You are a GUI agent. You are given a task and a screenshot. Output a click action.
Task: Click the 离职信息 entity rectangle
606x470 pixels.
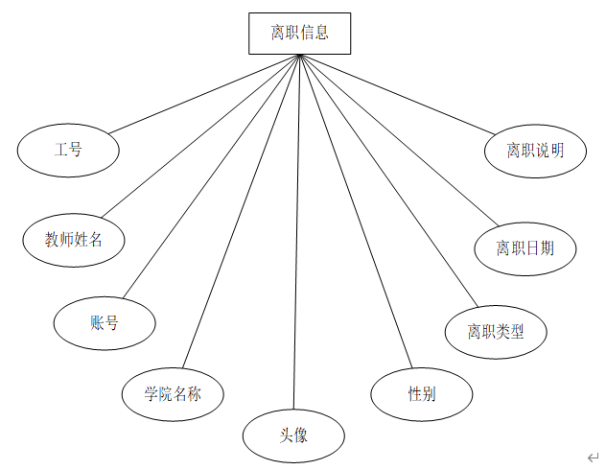point(298,33)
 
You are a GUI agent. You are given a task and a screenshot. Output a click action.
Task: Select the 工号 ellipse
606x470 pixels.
point(68,151)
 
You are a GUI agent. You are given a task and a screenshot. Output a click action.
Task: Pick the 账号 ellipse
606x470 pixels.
point(105,323)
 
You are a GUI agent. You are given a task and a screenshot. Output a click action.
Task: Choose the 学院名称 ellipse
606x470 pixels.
point(174,393)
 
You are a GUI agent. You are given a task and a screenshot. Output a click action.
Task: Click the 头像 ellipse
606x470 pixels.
point(293,435)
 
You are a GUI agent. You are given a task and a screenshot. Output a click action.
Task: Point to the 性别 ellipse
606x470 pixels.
point(422,393)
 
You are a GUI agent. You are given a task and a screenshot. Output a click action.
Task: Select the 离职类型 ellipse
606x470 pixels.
point(496,332)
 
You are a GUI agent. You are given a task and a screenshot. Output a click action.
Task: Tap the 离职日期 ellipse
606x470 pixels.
point(524,248)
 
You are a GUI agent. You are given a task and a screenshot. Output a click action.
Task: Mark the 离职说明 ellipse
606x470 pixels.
point(535,151)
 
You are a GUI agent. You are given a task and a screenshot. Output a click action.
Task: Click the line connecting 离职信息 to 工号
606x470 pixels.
point(204,94)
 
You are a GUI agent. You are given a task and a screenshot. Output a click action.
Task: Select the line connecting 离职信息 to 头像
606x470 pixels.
point(296,230)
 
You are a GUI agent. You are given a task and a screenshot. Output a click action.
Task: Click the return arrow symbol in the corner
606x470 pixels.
point(594,458)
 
